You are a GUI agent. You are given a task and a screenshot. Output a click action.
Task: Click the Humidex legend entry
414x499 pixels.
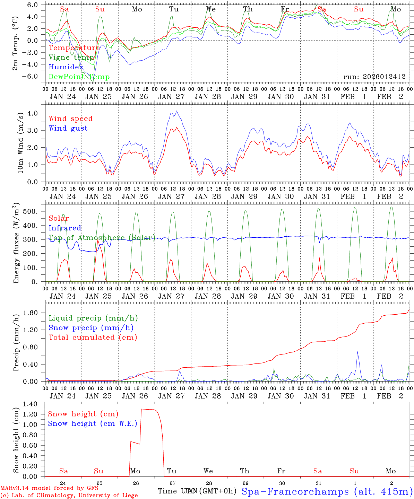66,67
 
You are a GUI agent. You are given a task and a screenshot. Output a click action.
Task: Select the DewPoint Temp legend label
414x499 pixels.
79,77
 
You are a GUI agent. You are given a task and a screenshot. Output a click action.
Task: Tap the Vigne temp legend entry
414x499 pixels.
71,58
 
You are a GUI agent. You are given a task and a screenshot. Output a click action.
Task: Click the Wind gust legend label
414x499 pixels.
68,128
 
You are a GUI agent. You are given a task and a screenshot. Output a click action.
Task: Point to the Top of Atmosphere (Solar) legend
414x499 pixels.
102,238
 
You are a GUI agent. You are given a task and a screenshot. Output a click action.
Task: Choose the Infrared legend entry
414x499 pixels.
65,228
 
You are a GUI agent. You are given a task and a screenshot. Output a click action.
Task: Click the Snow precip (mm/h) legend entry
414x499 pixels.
91,328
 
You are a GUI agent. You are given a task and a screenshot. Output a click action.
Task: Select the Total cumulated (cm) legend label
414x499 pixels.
93,338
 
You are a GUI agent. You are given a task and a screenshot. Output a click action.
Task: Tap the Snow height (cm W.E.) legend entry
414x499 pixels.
92,423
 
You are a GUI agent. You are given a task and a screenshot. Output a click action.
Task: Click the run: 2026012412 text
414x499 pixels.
374,77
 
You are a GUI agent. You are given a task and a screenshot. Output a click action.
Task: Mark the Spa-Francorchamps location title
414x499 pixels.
326,491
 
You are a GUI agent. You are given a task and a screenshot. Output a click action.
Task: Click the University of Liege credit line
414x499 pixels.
69,495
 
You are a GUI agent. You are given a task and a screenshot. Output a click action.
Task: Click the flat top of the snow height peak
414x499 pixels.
149,410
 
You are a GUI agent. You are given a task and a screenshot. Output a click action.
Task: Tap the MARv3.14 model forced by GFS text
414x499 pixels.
49,488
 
